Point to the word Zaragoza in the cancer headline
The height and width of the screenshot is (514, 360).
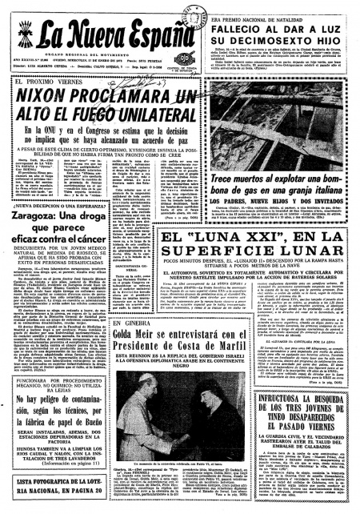tap(37, 216)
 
